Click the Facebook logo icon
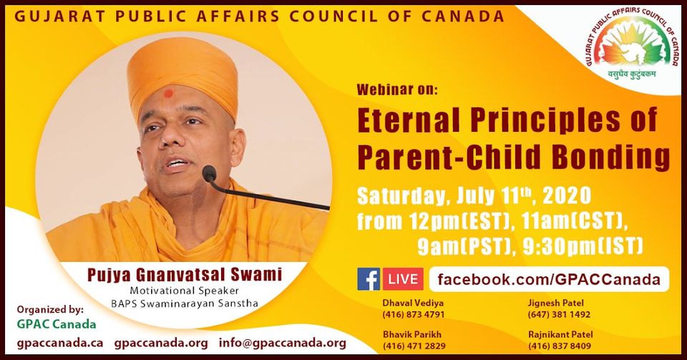tap(369, 279)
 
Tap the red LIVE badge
tap(403, 279)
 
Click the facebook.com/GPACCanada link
tap(549, 279)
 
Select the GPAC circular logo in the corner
tap(633, 44)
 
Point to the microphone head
tap(210, 174)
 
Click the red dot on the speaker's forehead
tap(168, 93)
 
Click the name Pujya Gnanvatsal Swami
tap(185, 275)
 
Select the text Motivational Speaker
tap(185, 291)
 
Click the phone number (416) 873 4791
tap(414, 314)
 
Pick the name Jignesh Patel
tap(556, 303)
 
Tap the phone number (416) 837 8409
tap(560, 346)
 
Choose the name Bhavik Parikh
tap(412, 334)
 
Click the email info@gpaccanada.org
tap(283, 344)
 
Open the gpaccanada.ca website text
tap(60, 344)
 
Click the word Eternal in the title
tap(409, 120)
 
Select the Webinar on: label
tap(397, 89)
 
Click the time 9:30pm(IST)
tap(583, 247)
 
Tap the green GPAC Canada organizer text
tap(56, 324)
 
